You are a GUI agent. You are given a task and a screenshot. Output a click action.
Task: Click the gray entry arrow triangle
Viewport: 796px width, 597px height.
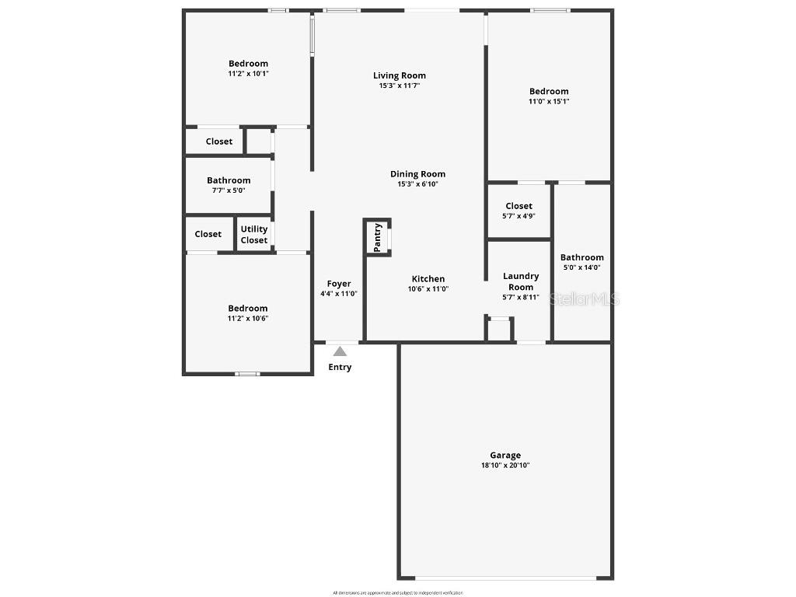point(340,351)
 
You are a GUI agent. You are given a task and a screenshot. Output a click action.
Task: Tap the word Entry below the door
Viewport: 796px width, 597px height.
point(340,367)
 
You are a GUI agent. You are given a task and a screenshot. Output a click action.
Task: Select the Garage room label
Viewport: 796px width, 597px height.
point(505,456)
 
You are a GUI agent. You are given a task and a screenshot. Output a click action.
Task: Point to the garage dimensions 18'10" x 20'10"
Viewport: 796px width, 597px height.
point(505,466)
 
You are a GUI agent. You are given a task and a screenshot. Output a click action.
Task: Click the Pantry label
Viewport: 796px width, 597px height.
point(377,236)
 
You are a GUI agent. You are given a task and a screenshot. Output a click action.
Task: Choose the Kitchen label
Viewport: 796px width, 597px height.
point(428,279)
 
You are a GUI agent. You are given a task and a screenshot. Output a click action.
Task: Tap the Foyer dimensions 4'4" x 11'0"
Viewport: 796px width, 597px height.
point(339,294)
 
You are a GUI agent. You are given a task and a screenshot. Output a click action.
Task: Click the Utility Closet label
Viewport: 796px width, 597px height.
point(254,235)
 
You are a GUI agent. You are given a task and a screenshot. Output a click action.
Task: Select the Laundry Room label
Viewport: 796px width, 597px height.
point(521,281)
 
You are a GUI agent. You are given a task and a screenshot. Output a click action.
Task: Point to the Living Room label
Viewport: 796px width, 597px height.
point(400,75)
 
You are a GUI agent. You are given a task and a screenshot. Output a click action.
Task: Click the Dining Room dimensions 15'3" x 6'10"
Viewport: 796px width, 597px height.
point(418,184)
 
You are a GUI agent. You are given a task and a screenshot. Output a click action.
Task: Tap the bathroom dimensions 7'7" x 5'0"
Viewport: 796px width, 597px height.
point(229,190)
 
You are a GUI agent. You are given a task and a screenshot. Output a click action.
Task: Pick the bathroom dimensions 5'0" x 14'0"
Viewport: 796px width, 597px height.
point(582,267)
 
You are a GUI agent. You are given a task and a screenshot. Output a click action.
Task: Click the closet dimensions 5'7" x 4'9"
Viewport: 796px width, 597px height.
point(518,216)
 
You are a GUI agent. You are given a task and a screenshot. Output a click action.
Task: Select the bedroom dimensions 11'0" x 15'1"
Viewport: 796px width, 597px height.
point(549,101)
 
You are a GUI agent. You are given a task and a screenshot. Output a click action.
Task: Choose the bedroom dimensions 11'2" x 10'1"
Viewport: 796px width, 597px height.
point(248,74)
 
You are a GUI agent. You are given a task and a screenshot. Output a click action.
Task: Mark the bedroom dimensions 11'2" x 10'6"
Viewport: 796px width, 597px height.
point(248,319)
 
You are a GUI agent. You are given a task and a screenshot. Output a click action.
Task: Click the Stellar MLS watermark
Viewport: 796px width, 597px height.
point(585,298)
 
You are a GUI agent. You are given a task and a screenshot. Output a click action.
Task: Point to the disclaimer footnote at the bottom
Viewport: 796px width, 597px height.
point(397,593)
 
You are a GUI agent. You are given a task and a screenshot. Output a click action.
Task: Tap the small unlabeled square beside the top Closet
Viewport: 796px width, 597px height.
point(258,141)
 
